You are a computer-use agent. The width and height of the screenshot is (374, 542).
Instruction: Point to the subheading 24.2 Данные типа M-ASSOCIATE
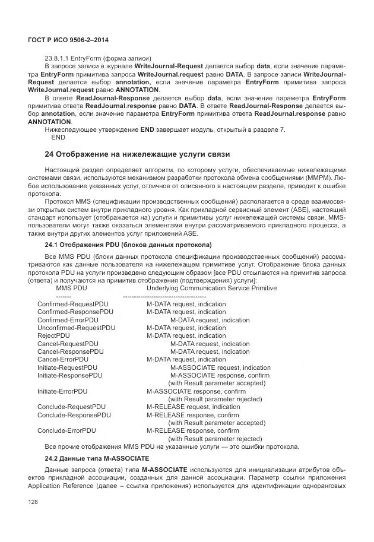[x=97, y=459]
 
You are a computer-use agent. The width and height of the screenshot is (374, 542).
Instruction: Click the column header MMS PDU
[x=71, y=288]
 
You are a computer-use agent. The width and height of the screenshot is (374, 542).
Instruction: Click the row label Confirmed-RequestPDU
[x=73, y=304]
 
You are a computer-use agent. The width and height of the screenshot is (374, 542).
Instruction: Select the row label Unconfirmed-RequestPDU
[x=77, y=328]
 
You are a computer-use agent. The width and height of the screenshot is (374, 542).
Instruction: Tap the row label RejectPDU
[x=53, y=335]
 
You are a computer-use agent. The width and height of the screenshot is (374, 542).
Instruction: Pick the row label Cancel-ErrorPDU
[x=63, y=359]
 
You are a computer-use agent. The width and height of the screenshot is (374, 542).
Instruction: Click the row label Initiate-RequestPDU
[x=67, y=367]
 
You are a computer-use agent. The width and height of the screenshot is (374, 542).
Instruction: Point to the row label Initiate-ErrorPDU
[x=64, y=391]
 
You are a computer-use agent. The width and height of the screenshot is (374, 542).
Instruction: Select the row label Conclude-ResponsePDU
[x=74, y=415]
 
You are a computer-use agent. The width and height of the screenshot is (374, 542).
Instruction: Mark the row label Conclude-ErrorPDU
[x=66, y=430]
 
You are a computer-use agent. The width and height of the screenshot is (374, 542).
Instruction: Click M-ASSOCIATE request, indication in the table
[x=220, y=367]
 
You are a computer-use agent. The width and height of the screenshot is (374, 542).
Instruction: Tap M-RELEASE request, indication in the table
[x=194, y=407]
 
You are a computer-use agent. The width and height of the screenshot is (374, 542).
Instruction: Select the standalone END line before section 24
[x=58, y=137]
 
